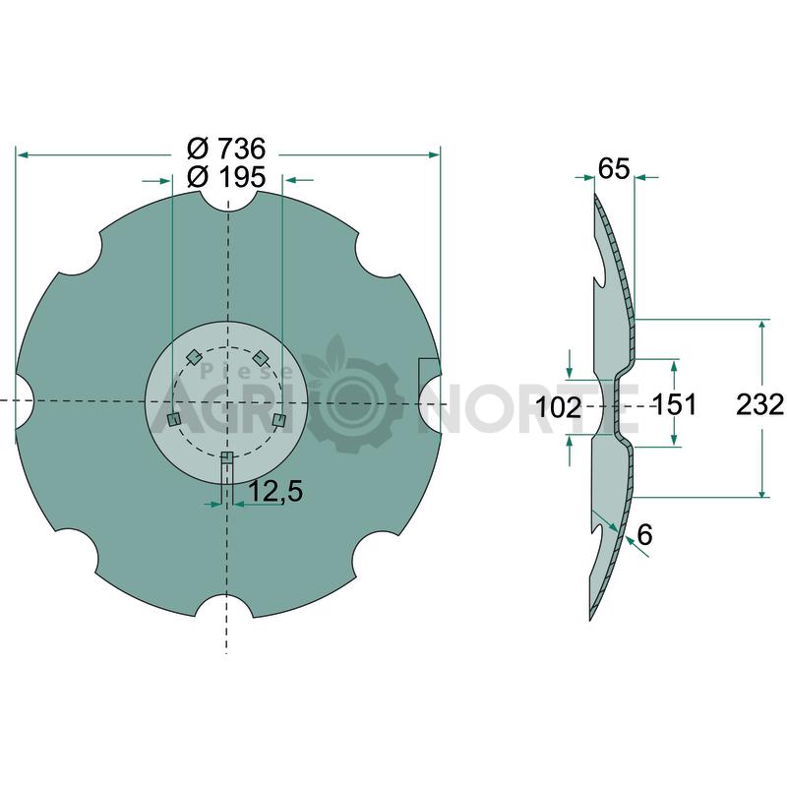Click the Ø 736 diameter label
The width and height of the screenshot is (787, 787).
[226, 149]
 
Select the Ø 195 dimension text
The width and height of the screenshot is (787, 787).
[226, 177]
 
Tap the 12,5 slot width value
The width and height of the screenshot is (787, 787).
[275, 491]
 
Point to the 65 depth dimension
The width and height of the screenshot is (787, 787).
[613, 168]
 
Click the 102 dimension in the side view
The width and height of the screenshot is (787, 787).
[559, 407]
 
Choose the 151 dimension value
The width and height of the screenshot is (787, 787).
[674, 404]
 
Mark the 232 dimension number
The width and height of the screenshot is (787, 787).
[759, 404]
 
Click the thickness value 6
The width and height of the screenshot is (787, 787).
[644, 534]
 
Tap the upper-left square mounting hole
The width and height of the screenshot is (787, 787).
[193, 357]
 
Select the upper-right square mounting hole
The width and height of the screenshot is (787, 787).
[260, 358]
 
